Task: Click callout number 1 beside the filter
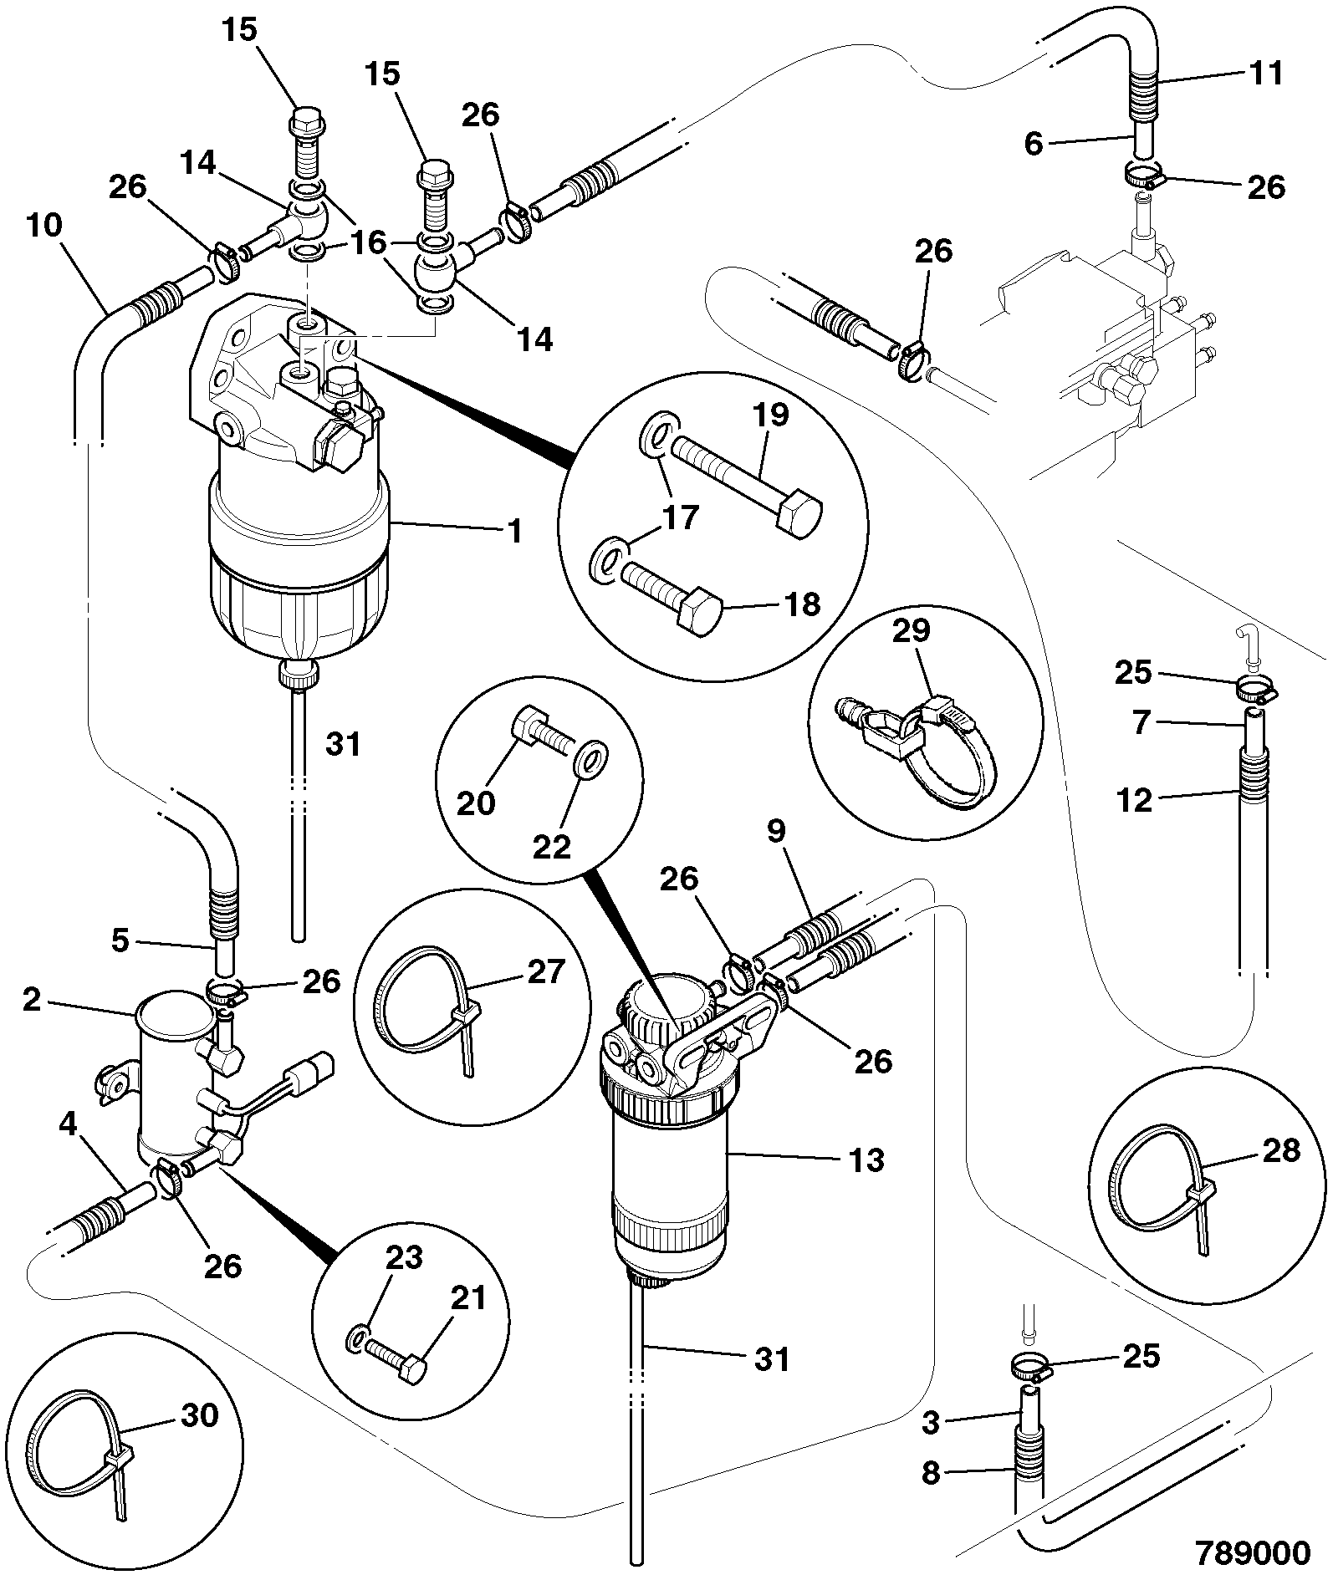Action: point(516,531)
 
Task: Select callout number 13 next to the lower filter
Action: point(866,1160)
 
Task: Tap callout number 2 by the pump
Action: point(33,1000)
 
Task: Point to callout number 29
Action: point(912,630)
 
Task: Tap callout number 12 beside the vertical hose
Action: point(1133,800)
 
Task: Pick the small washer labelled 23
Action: point(356,1340)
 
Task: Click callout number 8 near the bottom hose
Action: point(931,1472)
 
